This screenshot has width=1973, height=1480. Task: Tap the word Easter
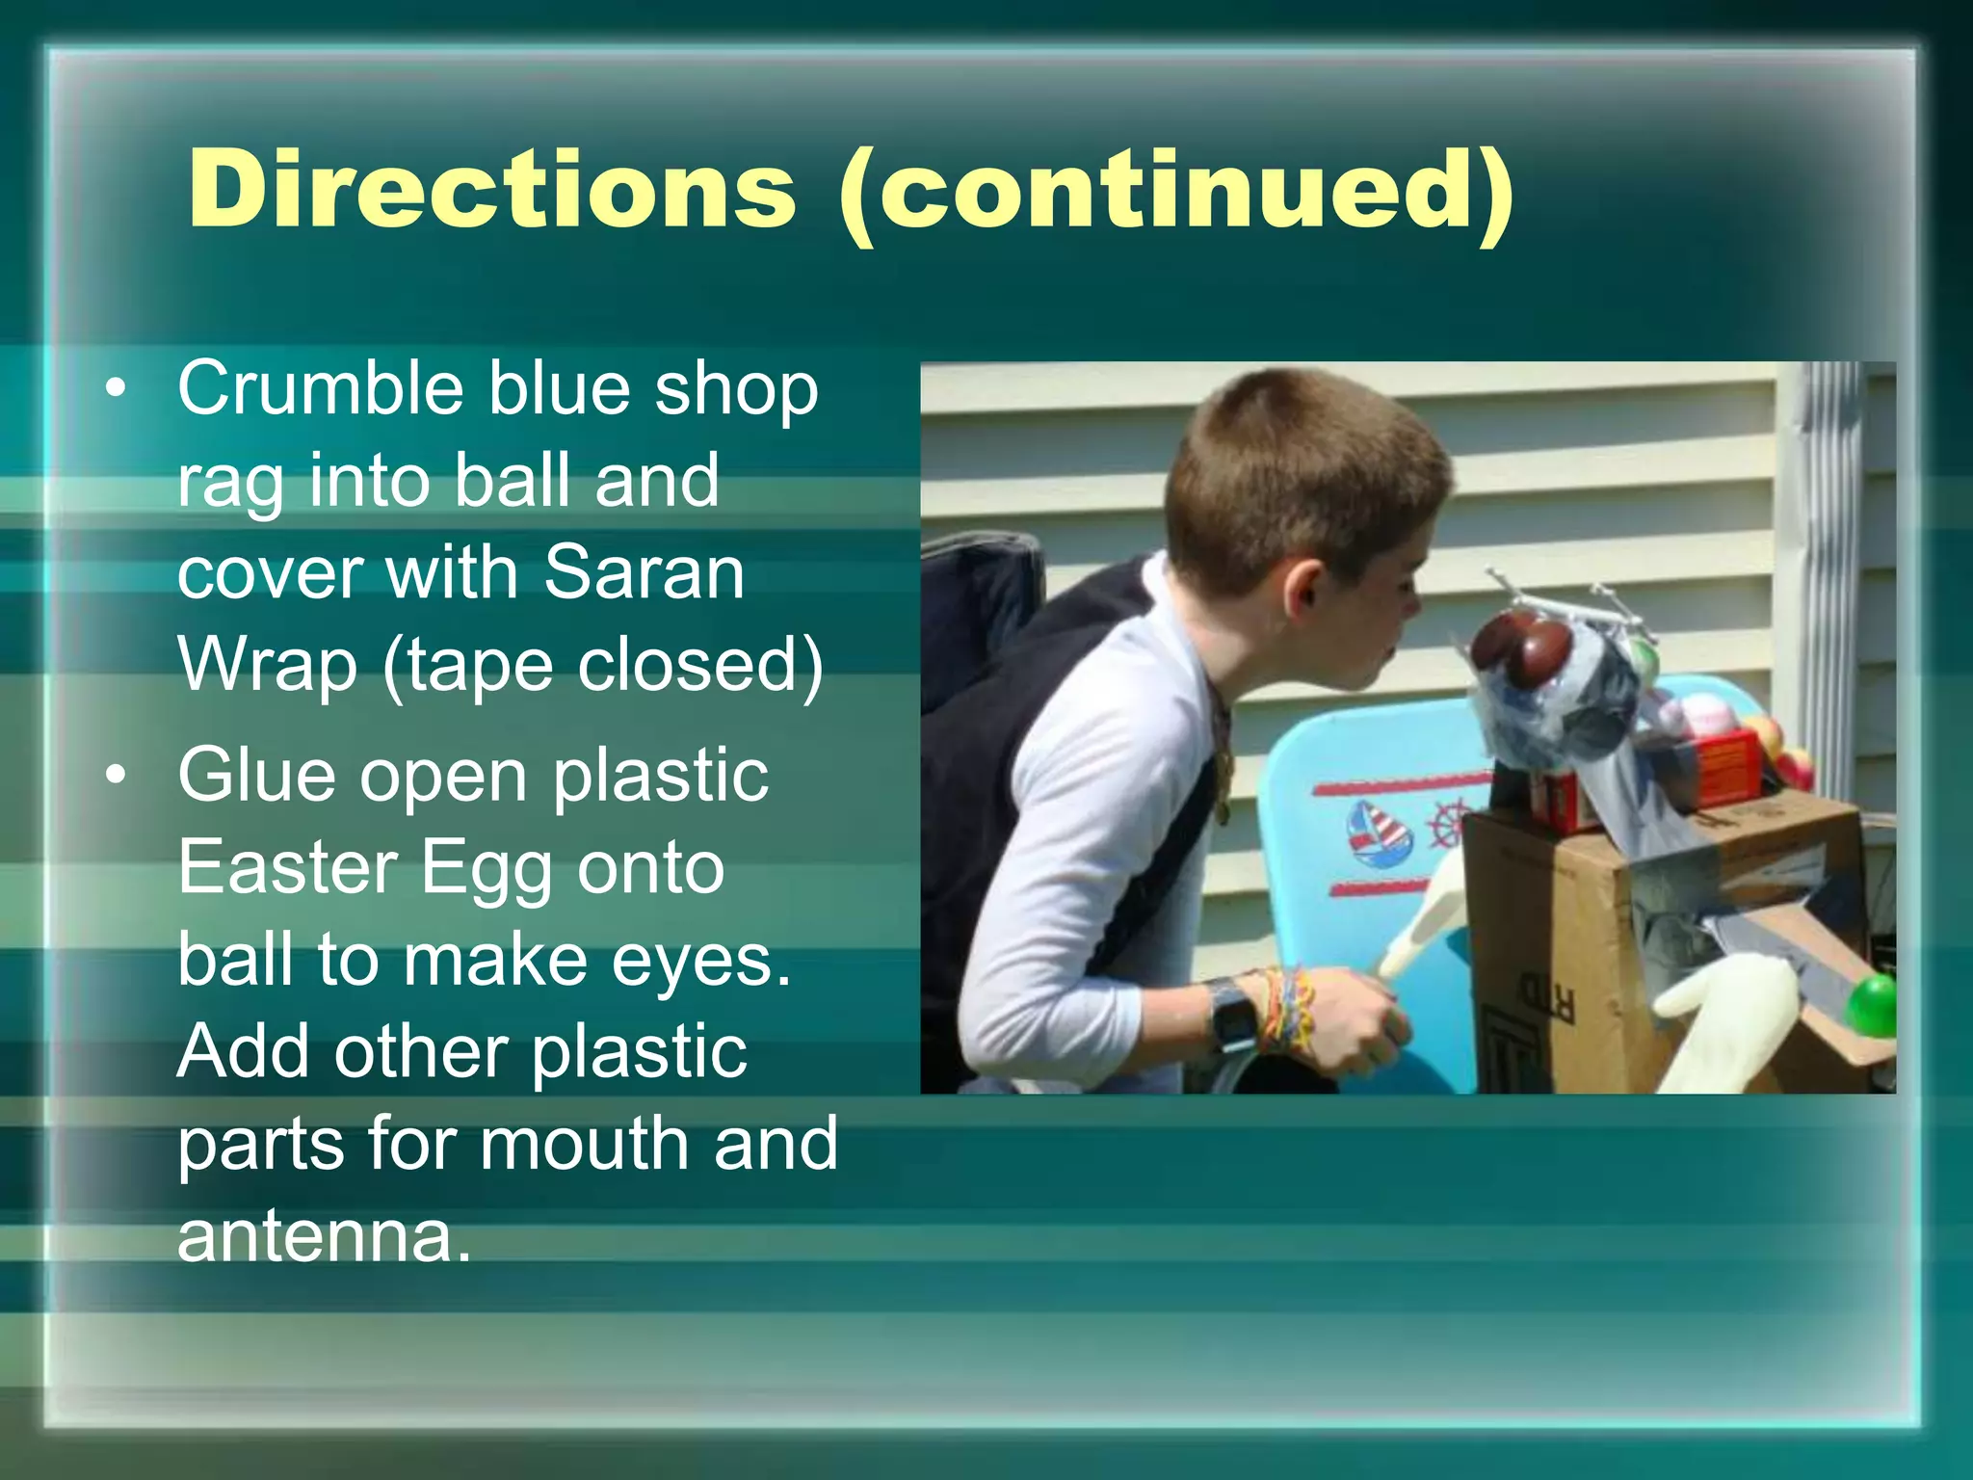tap(287, 867)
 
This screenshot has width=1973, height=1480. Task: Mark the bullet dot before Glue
tap(117, 776)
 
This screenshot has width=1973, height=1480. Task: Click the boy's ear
tap(1302, 591)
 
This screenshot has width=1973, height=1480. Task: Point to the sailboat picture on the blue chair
tap(1376, 834)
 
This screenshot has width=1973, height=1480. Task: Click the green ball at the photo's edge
tap(1871, 1005)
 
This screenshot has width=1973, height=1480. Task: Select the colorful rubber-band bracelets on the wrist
tap(1285, 1007)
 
